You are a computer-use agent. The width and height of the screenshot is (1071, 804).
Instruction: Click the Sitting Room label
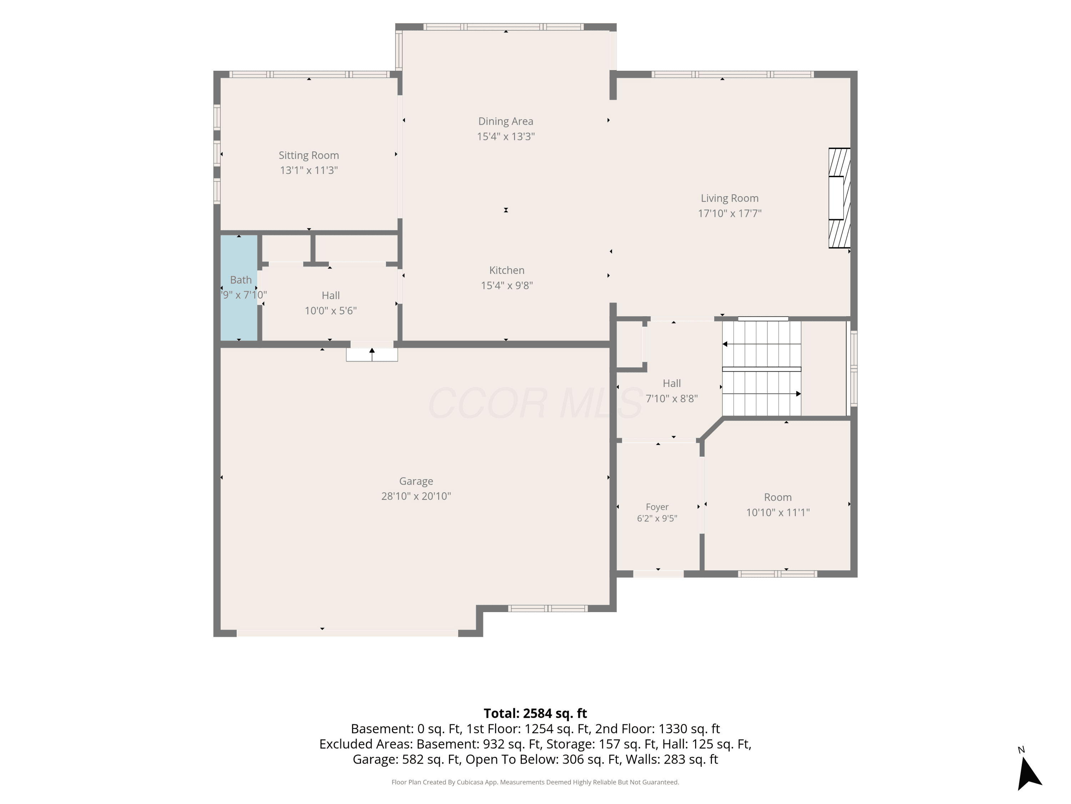pyautogui.click(x=308, y=155)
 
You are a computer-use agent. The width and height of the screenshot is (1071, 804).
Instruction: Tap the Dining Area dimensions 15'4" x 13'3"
pyautogui.click(x=506, y=136)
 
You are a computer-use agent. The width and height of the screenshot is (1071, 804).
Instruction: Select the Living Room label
pyautogui.click(x=730, y=198)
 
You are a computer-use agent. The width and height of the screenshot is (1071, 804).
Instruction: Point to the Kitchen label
pyautogui.click(x=507, y=270)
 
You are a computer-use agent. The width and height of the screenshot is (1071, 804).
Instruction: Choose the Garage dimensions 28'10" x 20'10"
pyautogui.click(x=416, y=496)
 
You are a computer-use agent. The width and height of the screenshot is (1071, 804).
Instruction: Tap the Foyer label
pyautogui.click(x=657, y=506)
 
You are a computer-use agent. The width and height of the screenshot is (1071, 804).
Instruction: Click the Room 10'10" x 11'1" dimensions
pyautogui.click(x=778, y=512)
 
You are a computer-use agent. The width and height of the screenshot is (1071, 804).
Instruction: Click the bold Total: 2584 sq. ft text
pyautogui.click(x=535, y=713)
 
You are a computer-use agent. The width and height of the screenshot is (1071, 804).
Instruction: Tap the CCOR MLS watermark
pyautogui.click(x=535, y=403)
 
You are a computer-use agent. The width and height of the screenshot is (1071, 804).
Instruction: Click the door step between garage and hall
pyautogui.click(x=372, y=354)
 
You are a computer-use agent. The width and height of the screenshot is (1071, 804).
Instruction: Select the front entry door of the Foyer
pyautogui.click(x=658, y=574)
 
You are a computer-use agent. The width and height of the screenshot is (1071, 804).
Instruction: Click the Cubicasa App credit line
pyautogui.click(x=535, y=782)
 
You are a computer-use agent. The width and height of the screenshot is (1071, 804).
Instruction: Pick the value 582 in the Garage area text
pyautogui.click(x=411, y=759)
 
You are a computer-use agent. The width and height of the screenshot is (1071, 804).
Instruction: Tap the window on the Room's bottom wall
pyautogui.click(x=778, y=574)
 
